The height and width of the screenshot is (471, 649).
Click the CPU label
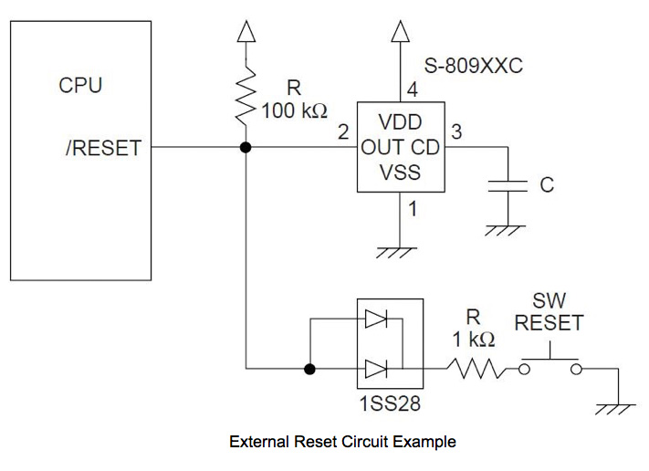pyautogui.click(x=81, y=87)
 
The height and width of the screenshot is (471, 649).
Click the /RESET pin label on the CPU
pyautogui.click(x=102, y=147)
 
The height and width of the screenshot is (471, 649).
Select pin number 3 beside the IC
pyautogui.click(x=455, y=131)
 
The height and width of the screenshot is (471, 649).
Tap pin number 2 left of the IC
pyautogui.click(x=343, y=132)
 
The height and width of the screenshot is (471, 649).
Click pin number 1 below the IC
pyautogui.click(x=413, y=209)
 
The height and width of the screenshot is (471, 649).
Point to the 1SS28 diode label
pyautogui.click(x=388, y=403)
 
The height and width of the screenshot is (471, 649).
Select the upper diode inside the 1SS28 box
pyautogui.click(x=376, y=319)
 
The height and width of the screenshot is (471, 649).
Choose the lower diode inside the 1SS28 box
pyautogui.click(x=376, y=369)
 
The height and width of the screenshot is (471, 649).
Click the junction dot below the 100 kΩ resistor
pyautogui.click(x=246, y=147)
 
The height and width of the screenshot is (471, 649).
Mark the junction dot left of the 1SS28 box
pyautogui.click(x=310, y=369)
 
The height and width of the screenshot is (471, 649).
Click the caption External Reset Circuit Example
pyautogui.click(x=342, y=442)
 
